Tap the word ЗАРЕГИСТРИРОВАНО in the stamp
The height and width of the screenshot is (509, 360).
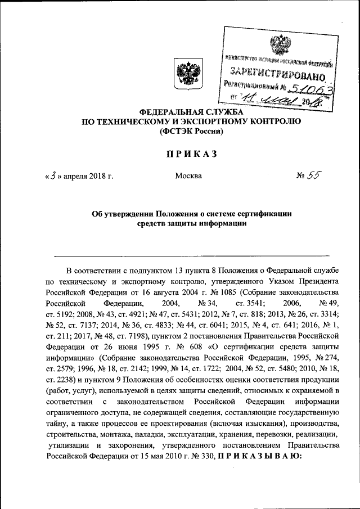[277, 73]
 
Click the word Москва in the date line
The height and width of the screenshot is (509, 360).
[188, 176]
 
